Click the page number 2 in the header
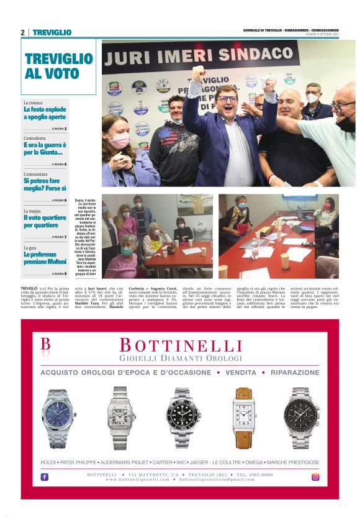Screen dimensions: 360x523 22,32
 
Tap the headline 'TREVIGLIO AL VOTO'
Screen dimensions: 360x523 58,66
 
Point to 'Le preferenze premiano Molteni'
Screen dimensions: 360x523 45,258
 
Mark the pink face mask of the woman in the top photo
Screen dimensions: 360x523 119,140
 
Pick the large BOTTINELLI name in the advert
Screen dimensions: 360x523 180,345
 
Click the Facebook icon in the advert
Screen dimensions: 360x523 45,477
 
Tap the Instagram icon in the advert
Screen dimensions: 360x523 315,477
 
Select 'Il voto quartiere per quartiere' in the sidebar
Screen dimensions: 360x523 45,222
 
